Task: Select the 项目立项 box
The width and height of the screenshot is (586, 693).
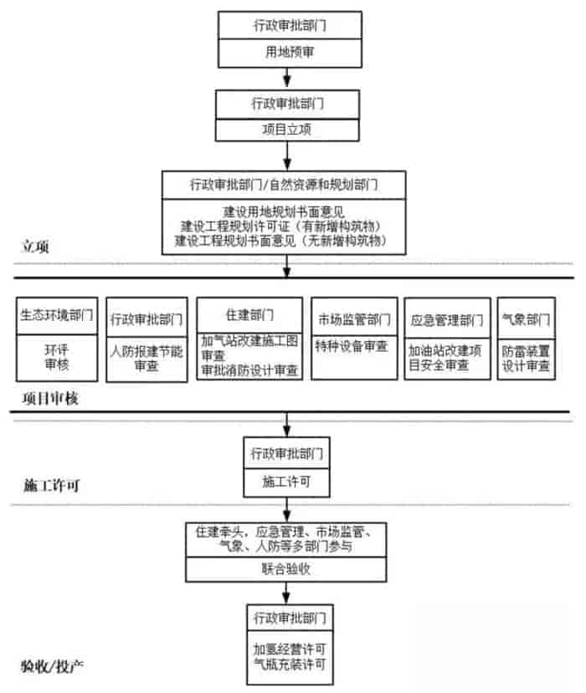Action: click(x=288, y=130)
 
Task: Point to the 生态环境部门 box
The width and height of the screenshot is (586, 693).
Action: click(x=57, y=318)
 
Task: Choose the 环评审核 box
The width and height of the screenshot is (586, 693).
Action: click(x=57, y=359)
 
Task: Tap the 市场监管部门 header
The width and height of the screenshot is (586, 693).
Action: click(x=354, y=318)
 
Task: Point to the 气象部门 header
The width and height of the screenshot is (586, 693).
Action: click(x=527, y=318)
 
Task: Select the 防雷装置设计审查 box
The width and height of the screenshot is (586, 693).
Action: click(x=527, y=359)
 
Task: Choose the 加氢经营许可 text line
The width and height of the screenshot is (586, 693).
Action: click(x=287, y=648)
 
